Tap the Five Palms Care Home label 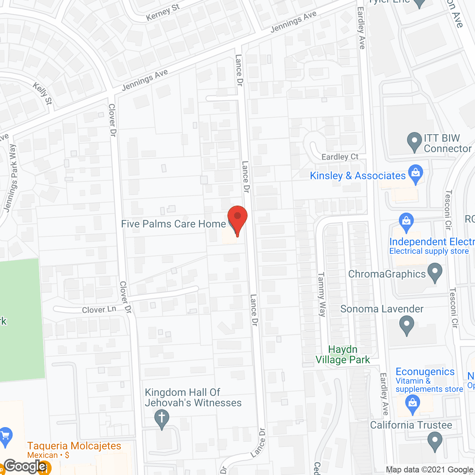pyautogui.click(x=173, y=224)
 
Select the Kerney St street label pyautogui.click(x=163, y=12)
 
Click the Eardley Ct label pyautogui.click(x=340, y=157)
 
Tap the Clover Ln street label pyautogui.click(x=99, y=309)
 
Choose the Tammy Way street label pyautogui.click(x=321, y=294)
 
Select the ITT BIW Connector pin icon pyautogui.click(x=414, y=142)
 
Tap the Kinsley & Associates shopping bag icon pyautogui.click(x=415, y=174)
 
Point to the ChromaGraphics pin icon pyautogui.click(x=435, y=273)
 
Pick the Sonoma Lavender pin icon pyautogui.click(x=407, y=325)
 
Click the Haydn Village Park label pyautogui.click(x=343, y=354)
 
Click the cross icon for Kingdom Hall pyautogui.click(x=161, y=418)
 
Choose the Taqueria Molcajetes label pyautogui.click(x=74, y=446)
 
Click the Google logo pyautogui.click(x=25, y=466)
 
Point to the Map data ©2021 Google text pyautogui.click(x=429, y=470)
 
